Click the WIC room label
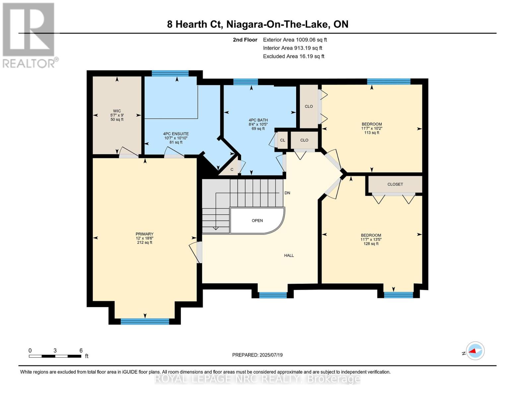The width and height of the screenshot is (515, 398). [117, 111]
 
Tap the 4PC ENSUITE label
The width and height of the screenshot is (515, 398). [176, 134]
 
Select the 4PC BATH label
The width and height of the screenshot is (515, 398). [258, 120]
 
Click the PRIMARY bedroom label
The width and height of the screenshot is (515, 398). [144, 234]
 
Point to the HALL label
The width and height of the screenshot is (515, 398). [289, 255]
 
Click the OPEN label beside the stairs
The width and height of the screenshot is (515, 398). [257, 221]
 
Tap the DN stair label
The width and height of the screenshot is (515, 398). [287, 193]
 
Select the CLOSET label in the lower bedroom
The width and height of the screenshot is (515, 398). [395, 184]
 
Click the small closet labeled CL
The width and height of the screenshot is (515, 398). [283, 140]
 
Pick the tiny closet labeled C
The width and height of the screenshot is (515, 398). [232, 169]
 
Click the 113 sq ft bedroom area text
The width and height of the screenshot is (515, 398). [371, 133]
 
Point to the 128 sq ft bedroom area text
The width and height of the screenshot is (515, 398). [371, 244]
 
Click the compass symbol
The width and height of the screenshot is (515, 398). [475, 351]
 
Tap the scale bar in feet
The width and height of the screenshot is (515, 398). [55, 356]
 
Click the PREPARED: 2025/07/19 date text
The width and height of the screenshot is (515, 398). [257, 355]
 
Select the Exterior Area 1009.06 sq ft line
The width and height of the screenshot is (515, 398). [295, 40]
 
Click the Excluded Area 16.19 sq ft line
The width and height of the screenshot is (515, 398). [293, 56]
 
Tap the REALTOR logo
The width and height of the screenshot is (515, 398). [29, 35]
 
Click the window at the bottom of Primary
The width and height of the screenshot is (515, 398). [145, 321]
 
